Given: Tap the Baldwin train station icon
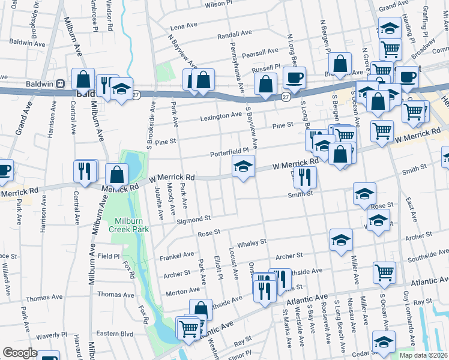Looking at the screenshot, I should (x=61, y=84).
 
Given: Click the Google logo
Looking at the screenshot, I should (x=20, y=353).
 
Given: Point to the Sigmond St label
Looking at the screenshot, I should (x=193, y=220).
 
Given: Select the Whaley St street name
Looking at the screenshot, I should (x=252, y=242).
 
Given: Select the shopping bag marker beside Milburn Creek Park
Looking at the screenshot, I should (x=117, y=175).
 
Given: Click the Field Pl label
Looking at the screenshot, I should (x=109, y=256).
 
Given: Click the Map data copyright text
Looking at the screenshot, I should (x=423, y=355).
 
